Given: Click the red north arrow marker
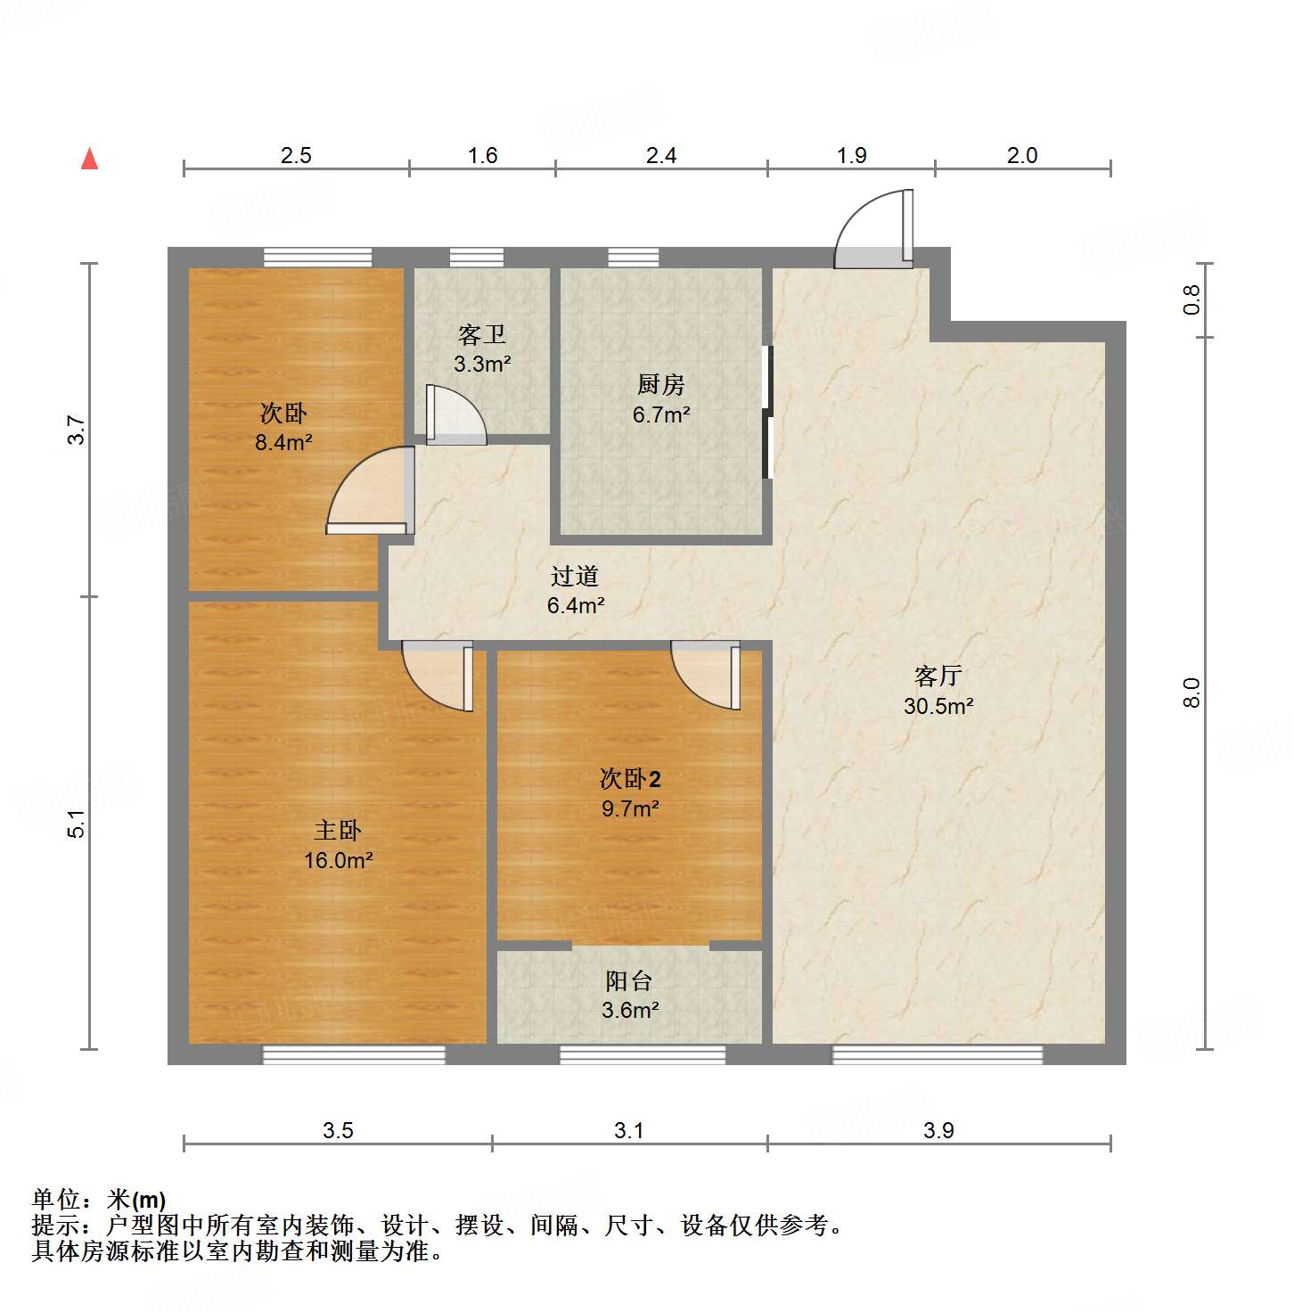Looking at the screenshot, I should (x=89, y=159).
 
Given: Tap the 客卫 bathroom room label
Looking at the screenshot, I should (x=482, y=335).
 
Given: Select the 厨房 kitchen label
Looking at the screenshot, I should (x=661, y=384).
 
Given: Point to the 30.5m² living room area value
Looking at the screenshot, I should (x=938, y=706).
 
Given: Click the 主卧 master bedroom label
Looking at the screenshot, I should (x=338, y=831).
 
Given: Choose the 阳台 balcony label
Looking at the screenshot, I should (x=629, y=981).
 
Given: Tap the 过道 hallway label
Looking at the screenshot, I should (x=575, y=577).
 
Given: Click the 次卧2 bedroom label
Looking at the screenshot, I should (x=630, y=779).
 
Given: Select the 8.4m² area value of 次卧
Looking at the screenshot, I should (x=283, y=442).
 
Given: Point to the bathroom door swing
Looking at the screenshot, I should (x=455, y=415).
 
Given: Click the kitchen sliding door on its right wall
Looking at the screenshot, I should (x=766, y=412).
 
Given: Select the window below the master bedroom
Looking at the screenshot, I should (x=354, y=1055).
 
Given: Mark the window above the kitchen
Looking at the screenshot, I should (x=634, y=258).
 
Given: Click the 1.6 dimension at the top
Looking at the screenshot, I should (x=482, y=156).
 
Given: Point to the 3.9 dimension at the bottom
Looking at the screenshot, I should (x=938, y=1130).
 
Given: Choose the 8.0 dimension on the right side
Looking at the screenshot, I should (x=1192, y=693).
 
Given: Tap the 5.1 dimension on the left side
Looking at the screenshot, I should (x=78, y=823).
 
